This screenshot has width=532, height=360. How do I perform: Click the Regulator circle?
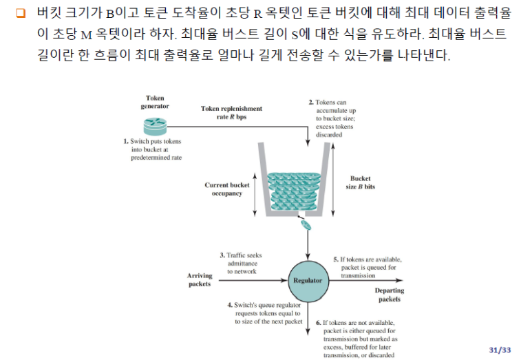(307, 280)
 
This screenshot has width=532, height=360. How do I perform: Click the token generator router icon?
(156, 126)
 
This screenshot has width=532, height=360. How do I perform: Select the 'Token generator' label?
(155, 103)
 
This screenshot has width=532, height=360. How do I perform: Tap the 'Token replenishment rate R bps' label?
(231, 113)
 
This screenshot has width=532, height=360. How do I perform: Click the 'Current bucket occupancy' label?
(226, 189)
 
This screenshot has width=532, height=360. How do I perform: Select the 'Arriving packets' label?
(200, 280)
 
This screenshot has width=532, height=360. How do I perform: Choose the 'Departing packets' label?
(390, 295)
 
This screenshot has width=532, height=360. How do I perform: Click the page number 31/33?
(500, 350)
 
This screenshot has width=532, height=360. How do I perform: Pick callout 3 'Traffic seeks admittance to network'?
(240, 263)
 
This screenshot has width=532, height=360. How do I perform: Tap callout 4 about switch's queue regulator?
(264, 313)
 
